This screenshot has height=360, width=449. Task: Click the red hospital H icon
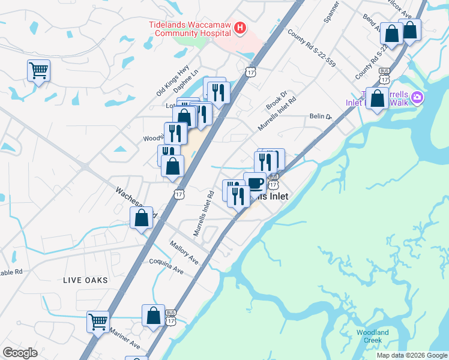pyautogui.click(x=240, y=28)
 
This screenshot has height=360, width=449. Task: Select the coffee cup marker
pyautogui.click(x=255, y=182)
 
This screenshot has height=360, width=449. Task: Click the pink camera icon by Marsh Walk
pyautogui.click(x=417, y=98)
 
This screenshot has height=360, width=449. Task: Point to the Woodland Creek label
pyautogui.click(x=372, y=336)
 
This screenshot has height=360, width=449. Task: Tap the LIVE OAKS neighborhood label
pyautogui.click(x=86, y=280)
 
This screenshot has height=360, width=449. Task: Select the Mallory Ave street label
pyautogui.click(x=184, y=253)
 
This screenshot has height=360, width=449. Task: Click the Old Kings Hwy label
pyautogui.click(x=172, y=80)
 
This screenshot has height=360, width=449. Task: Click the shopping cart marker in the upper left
pyautogui.click(x=38, y=70)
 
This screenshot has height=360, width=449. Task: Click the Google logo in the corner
pyautogui.click(x=20, y=353)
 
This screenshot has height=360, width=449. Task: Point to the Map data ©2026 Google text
pyautogui.click(x=411, y=355)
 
